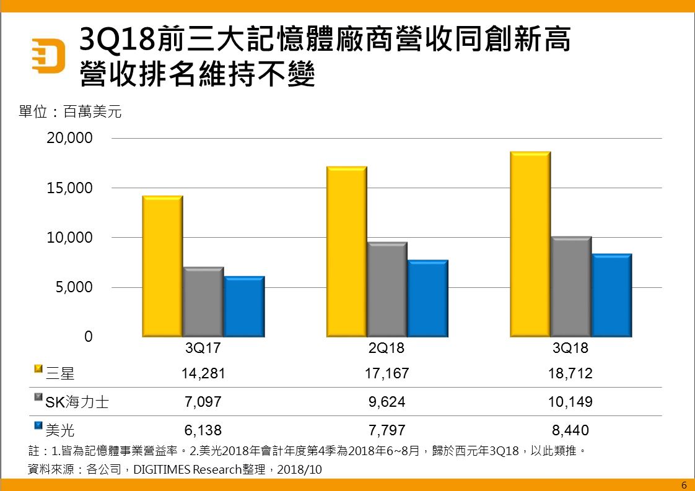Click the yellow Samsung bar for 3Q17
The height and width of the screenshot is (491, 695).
[x=162, y=266]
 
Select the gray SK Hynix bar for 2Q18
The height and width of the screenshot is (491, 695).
[x=387, y=289]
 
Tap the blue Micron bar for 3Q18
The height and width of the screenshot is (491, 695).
[x=611, y=295]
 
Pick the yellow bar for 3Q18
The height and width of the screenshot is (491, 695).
[x=530, y=245]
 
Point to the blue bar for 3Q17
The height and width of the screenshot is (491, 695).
[x=244, y=306]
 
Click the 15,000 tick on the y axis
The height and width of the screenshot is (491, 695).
[x=70, y=188]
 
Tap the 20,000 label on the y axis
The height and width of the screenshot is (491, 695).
[x=70, y=138]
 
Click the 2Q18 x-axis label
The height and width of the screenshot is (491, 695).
[x=387, y=349]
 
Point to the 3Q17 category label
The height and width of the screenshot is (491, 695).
[x=203, y=349]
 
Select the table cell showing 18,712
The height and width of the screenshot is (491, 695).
[x=570, y=373]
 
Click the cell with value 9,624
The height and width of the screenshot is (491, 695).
[x=387, y=402]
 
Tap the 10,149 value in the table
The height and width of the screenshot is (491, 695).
[x=570, y=402]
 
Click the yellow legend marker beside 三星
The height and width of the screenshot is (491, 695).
[x=38, y=370]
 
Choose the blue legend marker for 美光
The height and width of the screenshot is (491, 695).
[x=38, y=426]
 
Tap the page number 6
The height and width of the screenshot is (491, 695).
[x=684, y=485]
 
